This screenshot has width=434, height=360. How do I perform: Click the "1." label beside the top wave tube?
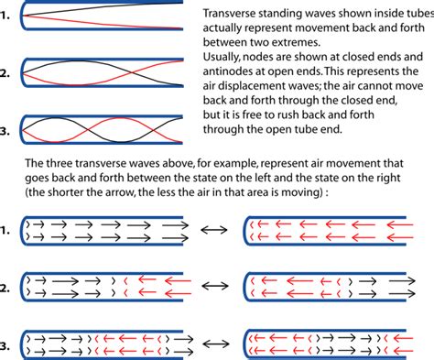9,16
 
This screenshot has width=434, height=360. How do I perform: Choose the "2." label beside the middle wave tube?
9,73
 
